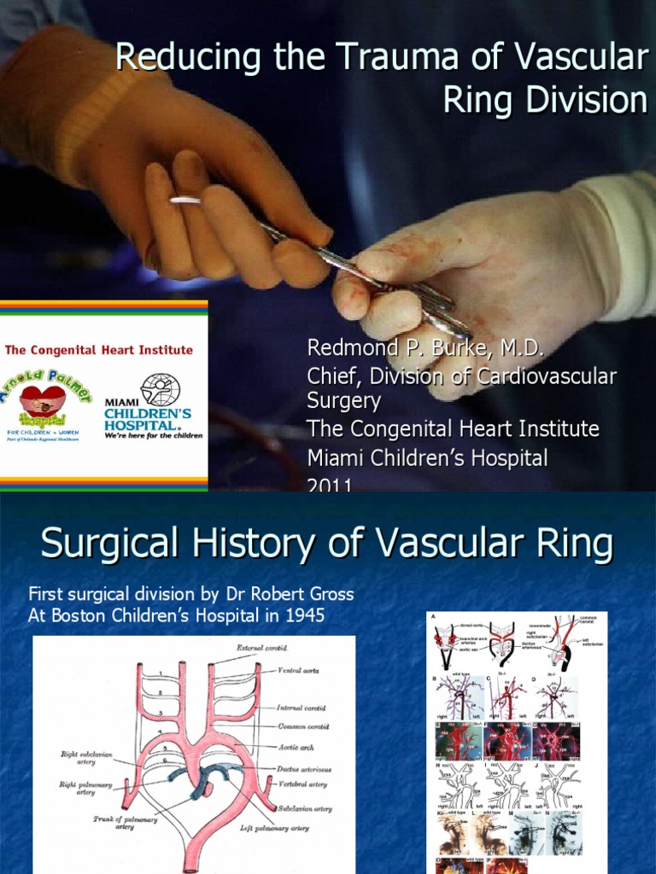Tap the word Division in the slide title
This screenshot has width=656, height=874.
click(x=577, y=101)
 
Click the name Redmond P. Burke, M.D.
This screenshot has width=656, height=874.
click(x=425, y=350)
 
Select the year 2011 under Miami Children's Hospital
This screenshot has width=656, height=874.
click(x=330, y=486)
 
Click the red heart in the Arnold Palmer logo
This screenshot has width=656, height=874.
click(x=43, y=398)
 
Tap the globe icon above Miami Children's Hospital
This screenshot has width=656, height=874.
click(x=160, y=390)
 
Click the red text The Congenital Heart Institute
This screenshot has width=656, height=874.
click(x=99, y=350)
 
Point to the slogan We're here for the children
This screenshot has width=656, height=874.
click(x=154, y=435)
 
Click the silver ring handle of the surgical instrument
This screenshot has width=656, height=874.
click(x=185, y=201)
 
